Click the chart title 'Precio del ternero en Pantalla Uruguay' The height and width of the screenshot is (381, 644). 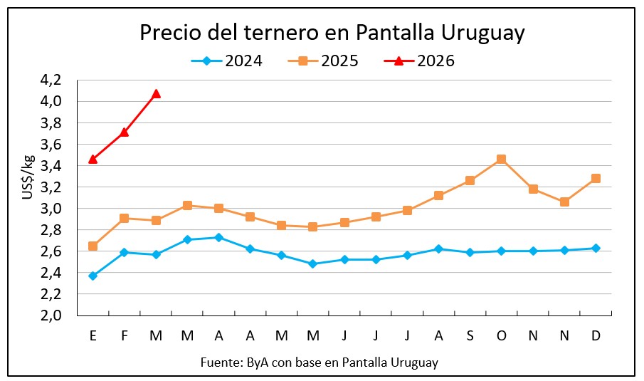click(332, 33)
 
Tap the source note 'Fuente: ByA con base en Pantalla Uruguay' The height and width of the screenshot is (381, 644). click(319, 362)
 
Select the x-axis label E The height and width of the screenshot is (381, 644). click(93, 336)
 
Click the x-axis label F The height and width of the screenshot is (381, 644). click(125, 336)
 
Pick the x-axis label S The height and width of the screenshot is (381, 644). click(470, 336)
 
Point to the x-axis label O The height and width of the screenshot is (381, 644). click(501, 336)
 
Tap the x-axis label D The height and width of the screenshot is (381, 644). click(596, 336)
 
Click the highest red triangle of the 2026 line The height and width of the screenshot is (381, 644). click(156, 93)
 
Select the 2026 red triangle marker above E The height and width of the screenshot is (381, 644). click(93, 159)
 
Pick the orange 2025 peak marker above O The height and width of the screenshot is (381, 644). click(501, 159)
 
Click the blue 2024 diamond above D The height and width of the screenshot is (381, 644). click(596, 248)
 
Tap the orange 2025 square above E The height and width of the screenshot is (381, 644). click(93, 246)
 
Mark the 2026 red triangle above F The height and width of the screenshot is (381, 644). click(125, 132)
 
